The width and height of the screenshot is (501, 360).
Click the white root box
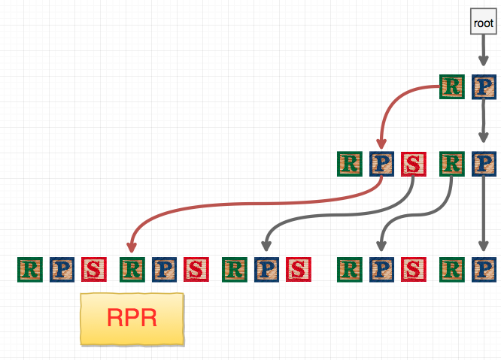click(x=484, y=23)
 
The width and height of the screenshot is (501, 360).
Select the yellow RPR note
click(x=132, y=318)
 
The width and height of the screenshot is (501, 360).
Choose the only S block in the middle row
click(x=413, y=163)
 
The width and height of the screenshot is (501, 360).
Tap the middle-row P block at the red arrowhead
click(x=381, y=163)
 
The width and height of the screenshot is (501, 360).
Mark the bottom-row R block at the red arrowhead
click(x=132, y=269)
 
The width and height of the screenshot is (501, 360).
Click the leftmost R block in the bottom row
click(x=29, y=269)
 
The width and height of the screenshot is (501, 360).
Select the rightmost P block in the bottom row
click(x=483, y=269)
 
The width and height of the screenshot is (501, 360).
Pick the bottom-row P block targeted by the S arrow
click(x=266, y=269)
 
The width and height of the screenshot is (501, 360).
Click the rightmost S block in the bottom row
click(x=413, y=269)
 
